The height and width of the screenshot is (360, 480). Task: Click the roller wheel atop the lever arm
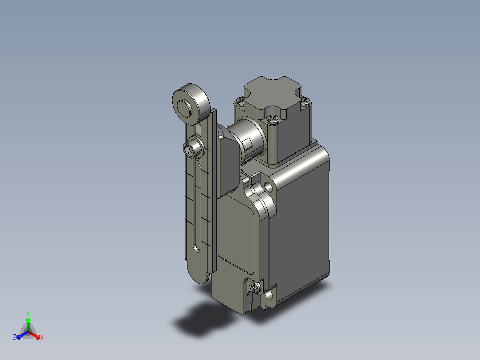coord(191,104)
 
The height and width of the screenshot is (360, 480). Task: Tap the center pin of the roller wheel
coord(185,107)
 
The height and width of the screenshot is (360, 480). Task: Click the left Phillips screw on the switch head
coord(240,101)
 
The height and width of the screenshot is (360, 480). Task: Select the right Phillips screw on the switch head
coord(305,101)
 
